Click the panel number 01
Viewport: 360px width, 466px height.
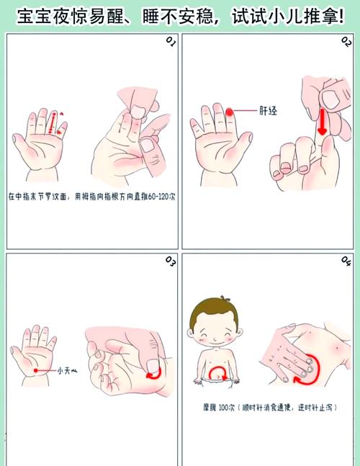(x=171, y=42)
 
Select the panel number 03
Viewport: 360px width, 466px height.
(x=171, y=259)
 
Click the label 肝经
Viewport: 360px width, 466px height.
(x=268, y=112)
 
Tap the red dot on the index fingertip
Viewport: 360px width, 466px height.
(x=229, y=112)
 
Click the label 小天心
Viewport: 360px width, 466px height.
(x=68, y=371)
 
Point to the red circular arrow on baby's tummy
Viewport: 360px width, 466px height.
(x=219, y=372)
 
